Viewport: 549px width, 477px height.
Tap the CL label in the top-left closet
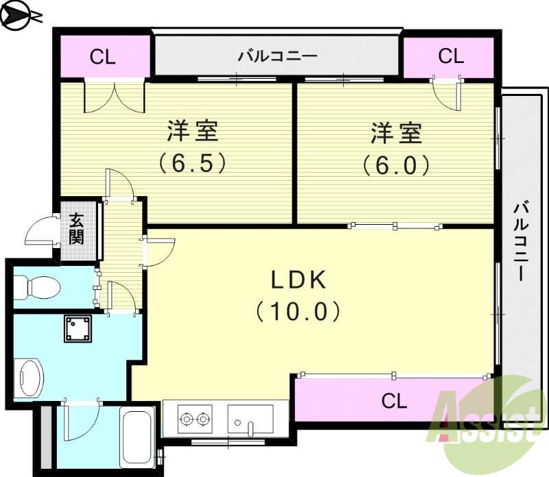(x=103, y=57)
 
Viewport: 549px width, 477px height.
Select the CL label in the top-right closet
(x=451, y=56)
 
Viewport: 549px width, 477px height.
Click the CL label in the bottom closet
(x=394, y=400)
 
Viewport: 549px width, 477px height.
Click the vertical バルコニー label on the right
(x=522, y=240)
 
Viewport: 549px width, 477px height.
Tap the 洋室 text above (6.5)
(x=193, y=132)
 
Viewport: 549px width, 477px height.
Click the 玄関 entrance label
(x=75, y=229)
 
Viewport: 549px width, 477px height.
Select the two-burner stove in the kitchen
(x=194, y=417)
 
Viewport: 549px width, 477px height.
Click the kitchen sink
(x=250, y=418)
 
